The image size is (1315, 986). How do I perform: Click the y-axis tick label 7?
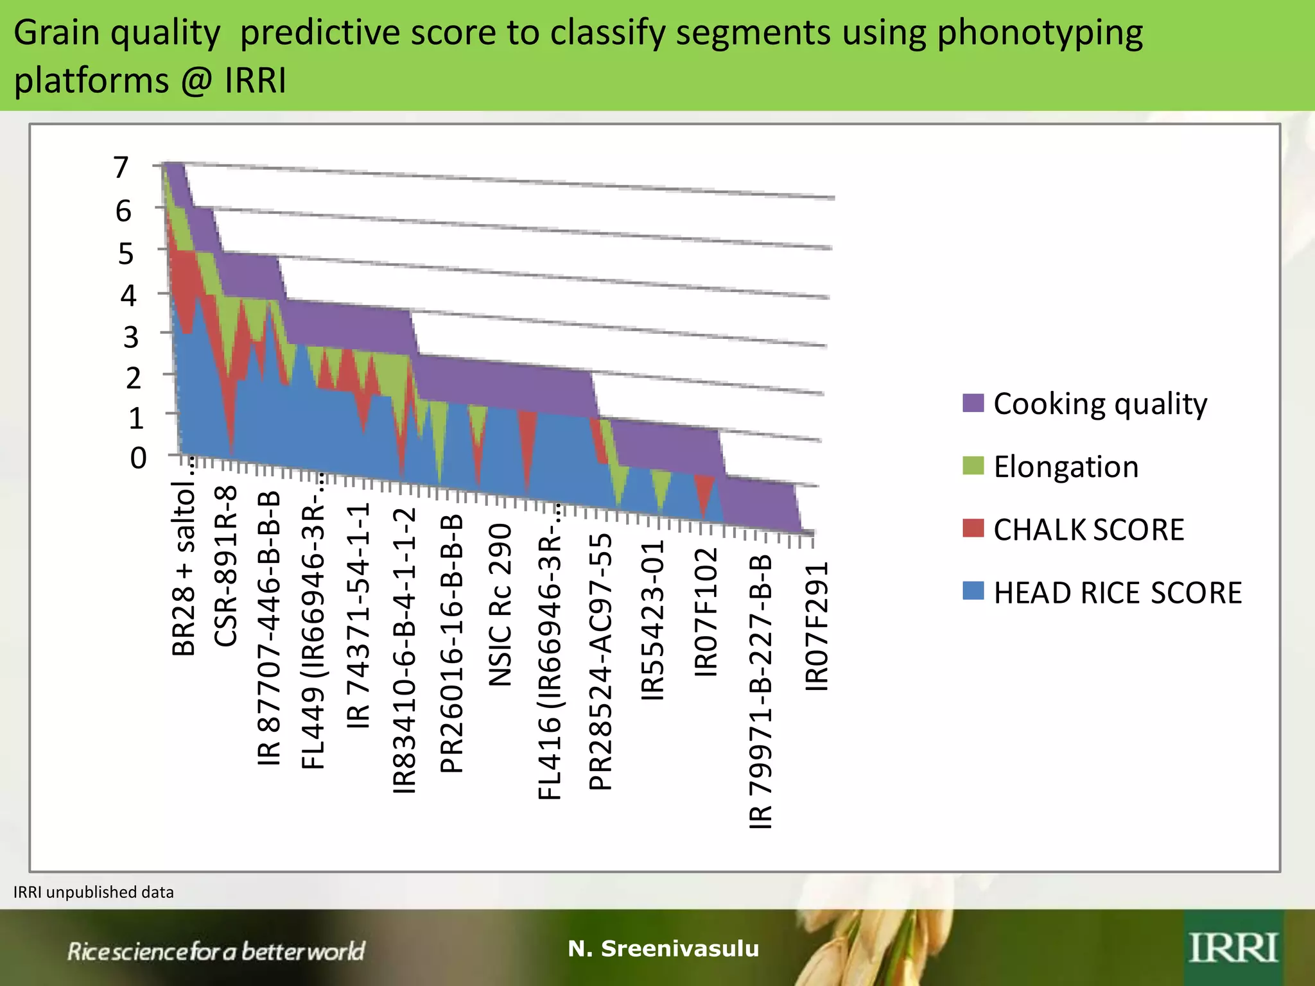tap(121, 168)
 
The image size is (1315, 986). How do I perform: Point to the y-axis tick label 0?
tap(138, 458)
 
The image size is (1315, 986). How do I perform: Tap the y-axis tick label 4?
tap(128, 295)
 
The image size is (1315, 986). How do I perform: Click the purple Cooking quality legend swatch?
tap(973, 403)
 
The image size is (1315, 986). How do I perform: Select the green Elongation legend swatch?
tap(973, 466)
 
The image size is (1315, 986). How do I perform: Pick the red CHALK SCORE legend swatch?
tap(973, 528)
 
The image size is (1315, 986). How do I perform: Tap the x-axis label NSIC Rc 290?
tap(500, 605)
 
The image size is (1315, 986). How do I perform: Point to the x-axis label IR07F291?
tap(817, 627)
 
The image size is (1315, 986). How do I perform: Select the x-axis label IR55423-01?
tap(653, 620)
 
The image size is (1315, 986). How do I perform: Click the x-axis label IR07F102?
tap(706, 612)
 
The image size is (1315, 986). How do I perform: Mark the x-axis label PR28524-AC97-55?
tap(600, 662)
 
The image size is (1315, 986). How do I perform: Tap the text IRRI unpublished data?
tap(94, 892)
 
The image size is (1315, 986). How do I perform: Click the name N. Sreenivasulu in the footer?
tap(663, 948)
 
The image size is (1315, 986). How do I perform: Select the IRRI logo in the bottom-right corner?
tap(1232, 948)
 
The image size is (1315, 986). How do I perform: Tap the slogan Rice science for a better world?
tap(216, 951)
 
